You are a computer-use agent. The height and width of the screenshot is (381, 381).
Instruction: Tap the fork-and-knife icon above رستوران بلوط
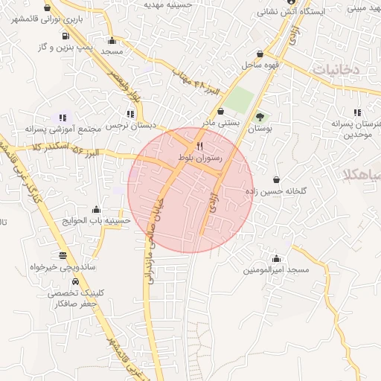pos(199,145)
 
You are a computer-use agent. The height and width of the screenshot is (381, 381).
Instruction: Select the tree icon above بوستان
pos(260,116)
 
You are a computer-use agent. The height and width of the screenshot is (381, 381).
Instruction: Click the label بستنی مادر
pos(219,121)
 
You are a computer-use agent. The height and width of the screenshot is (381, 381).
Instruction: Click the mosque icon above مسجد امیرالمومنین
pos(277,258)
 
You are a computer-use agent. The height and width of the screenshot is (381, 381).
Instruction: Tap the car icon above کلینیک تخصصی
pos(76,282)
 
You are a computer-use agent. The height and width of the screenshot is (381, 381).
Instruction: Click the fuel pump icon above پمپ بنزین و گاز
pos(67,34)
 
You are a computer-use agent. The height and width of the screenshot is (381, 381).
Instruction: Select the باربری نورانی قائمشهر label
pos(45,20)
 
